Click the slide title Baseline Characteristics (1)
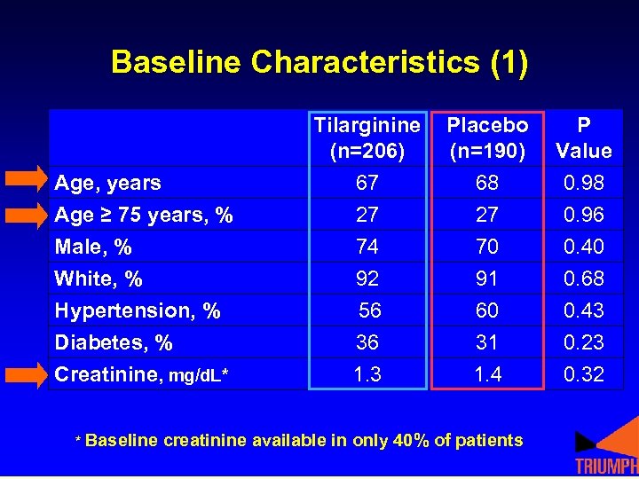(319, 62)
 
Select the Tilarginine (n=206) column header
(367, 138)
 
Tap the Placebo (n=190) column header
(487, 138)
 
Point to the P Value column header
(583, 138)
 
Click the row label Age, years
(107, 184)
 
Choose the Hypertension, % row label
(138, 311)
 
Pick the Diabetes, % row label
(114, 343)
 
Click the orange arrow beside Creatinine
(28, 374)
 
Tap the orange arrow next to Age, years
(28, 180)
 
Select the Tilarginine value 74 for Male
(367, 247)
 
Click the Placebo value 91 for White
(487, 279)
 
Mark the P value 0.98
(584, 184)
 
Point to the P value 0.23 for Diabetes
(584, 342)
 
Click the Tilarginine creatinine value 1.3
(367, 374)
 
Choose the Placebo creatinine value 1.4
(487, 374)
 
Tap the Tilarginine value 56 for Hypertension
(370, 310)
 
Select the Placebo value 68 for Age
(487, 184)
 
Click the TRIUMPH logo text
(606, 467)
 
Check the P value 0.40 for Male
(584, 247)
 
